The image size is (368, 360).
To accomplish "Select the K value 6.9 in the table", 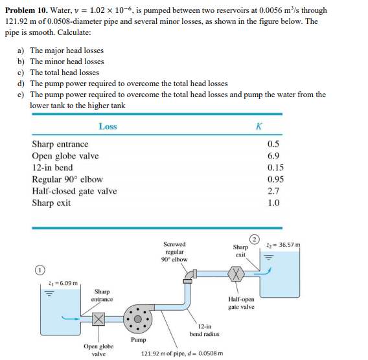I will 273,155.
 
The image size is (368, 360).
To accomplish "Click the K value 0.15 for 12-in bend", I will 273,167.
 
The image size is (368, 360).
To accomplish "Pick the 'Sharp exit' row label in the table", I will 51,203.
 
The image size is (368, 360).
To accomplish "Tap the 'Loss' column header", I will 108,126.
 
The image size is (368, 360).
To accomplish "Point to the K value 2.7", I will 273,191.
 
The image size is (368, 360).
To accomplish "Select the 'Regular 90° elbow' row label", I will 67,179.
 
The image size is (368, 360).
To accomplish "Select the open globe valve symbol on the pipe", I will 98,319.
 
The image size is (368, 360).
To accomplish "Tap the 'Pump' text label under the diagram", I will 138,339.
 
